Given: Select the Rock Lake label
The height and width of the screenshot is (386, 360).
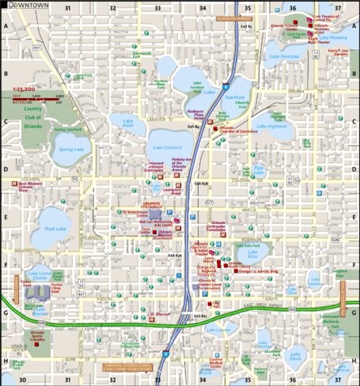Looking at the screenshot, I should tap(55, 229).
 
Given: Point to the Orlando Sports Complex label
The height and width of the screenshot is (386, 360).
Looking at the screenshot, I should tap(36, 337).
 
